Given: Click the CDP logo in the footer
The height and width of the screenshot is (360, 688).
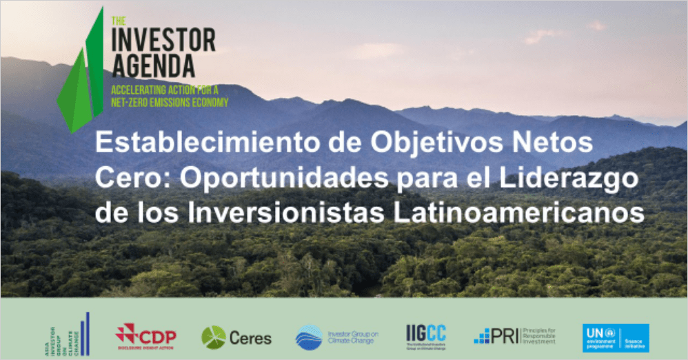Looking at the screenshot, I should [145, 336].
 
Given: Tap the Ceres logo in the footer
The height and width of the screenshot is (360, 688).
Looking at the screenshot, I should [236, 337].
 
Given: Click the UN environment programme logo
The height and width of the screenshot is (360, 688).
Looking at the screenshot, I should [615, 337].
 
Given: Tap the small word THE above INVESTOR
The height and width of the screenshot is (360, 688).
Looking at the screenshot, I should [117, 20].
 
